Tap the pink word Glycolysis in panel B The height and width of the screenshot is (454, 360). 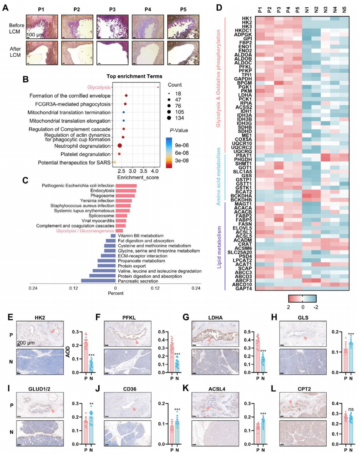coord(99,87)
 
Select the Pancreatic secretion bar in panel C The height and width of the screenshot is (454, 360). coord(98,281)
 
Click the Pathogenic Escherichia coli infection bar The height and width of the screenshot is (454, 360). coord(126,186)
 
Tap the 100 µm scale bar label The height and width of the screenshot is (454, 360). coord(34,34)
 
